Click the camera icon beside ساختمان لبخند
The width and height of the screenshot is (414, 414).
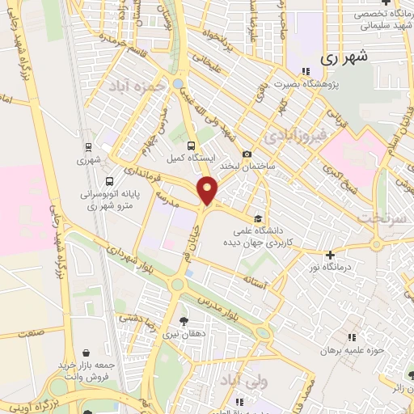pos(247,154)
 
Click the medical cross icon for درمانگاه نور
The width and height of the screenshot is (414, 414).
pos(330,255)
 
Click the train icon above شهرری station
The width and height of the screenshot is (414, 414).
pos(87,146)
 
